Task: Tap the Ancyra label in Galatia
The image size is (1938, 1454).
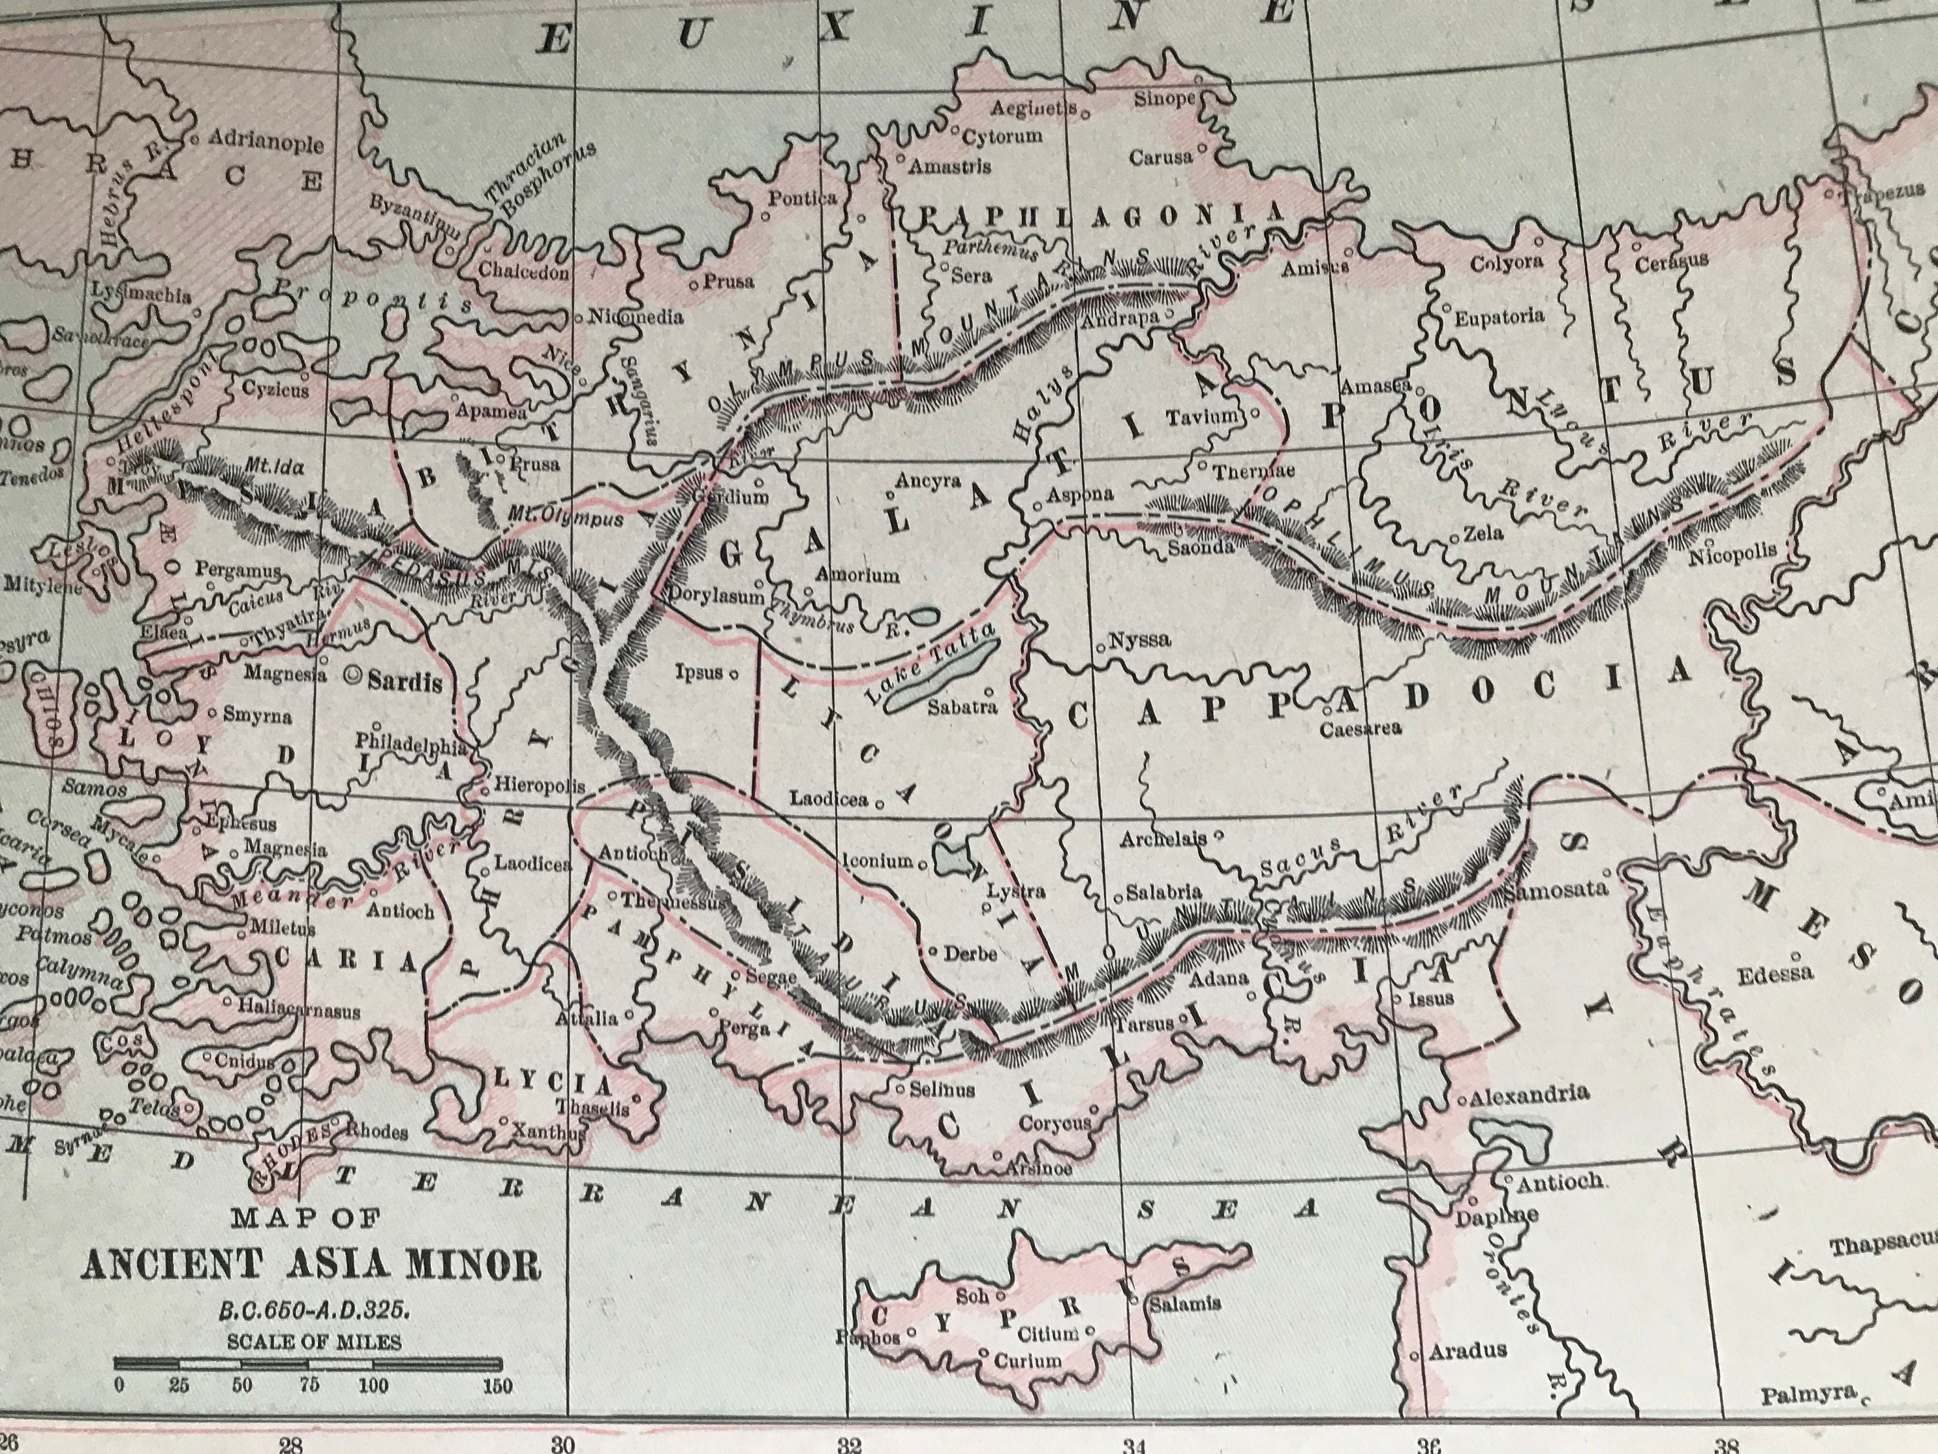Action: pos(928,482)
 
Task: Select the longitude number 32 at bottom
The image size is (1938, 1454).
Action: pos(849,1444)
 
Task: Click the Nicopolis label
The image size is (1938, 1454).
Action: pos(1732,552)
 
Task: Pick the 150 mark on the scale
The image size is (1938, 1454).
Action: pos(497,1386)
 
